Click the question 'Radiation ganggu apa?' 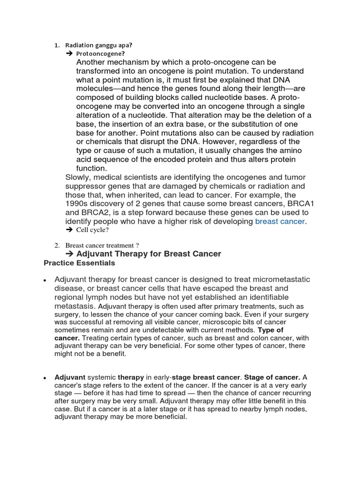(98, 45)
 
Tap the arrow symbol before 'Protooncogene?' (69, 54)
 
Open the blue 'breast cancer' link (280, 221)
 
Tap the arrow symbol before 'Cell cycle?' (69, 230)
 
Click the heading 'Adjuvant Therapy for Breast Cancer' (149, 254)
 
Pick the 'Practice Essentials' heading (79, 263)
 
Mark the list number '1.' (57, 45)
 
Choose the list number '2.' (57, 245)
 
